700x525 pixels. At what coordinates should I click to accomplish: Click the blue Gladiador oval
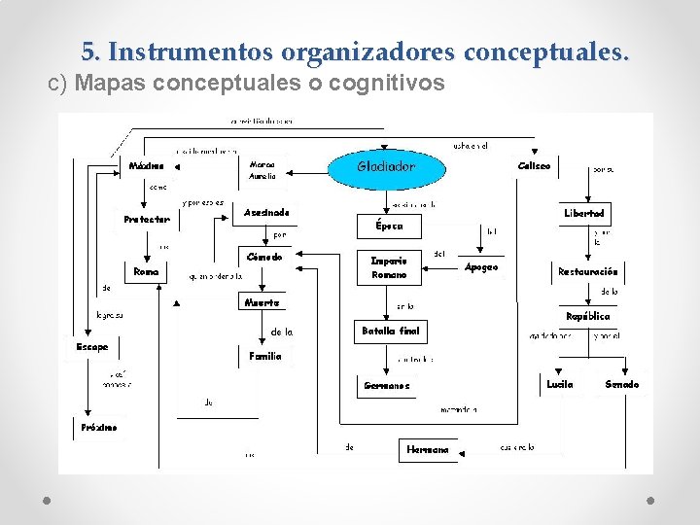[x=386, y=166]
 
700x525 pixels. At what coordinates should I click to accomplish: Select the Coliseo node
[x=534, y=166]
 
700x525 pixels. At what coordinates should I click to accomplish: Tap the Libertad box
[x=584, y=213]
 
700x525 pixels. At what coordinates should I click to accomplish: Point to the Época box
[x=382, y=226]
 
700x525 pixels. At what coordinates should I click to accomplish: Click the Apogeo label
[x=481, y=266]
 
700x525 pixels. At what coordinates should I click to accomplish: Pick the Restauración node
[x=586, y=272]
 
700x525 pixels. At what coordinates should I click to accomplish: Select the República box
[x=587, y=317]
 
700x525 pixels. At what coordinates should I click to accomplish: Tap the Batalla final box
[x=390, y=332]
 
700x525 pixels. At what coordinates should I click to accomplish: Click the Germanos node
[x=386, y=386]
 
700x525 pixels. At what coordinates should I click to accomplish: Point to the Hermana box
[x=428, y=450]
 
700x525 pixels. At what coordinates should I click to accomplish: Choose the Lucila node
[x=560, y=385]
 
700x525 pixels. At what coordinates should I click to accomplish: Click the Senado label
[x=622, y=385]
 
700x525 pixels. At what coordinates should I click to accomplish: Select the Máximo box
[x=147, y=166]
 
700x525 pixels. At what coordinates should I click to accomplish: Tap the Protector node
[x=147, y=220]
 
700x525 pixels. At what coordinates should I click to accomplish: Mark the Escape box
[x=92, y=347]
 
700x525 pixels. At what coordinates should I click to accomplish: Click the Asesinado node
[x=266, y=212]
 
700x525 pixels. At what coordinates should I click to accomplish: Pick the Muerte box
[x=262, y=302]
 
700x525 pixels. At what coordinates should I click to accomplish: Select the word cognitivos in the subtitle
[x=387, y=85]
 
